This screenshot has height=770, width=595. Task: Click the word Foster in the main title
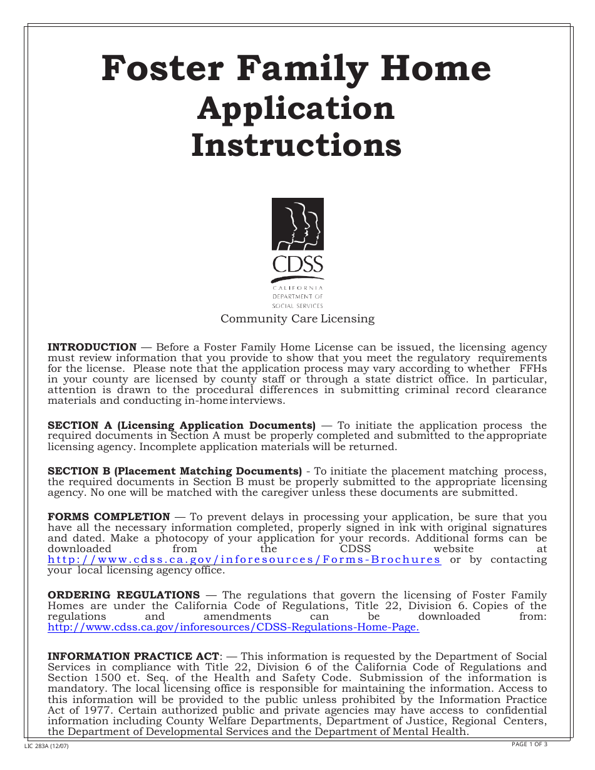pos(153,68)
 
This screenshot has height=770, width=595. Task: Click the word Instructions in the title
pos(296,145)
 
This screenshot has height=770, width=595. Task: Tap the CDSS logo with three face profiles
pos(297,224)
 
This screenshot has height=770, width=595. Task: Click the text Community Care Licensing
pos(297,319)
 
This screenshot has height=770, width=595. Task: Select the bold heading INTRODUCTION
pos(92,347)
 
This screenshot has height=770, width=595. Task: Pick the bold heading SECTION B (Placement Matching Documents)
pos(175,471)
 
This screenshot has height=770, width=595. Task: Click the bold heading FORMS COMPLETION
pos(108,516)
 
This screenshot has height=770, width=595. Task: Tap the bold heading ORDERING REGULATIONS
pos(123,595)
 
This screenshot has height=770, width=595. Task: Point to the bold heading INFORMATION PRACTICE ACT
pos(133,656)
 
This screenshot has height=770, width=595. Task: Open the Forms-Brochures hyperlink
pos(244,560)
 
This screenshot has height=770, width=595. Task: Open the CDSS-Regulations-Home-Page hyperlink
pos(234,627)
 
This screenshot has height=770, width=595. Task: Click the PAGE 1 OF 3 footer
pos(529,744)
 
